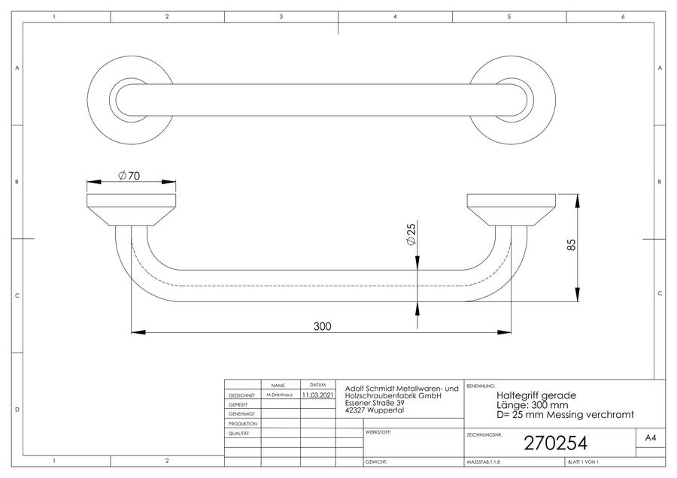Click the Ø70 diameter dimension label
pos(129,176)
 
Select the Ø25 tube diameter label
pos(411,234)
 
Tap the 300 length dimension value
pos(322,326)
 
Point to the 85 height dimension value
pos(571,245)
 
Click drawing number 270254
pos(556,443)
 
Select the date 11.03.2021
pos(317,395)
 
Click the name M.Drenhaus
pos(279,395)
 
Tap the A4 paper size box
pos(650,438)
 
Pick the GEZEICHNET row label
pos(241,395)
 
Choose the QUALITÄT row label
pos(238,434)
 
